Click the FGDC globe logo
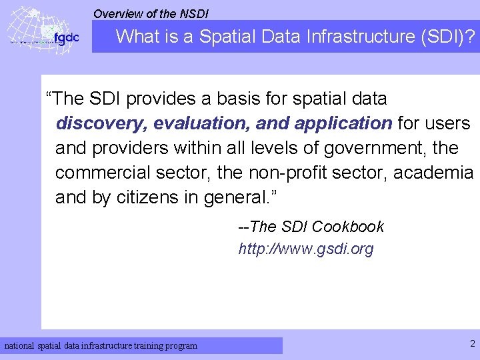(x=41, y=30)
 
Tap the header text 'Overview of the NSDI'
(x=151, y=13)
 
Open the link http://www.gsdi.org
(x=306, y=249)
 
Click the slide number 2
(x=472, y=344)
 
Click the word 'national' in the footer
(x=20, y=346)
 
